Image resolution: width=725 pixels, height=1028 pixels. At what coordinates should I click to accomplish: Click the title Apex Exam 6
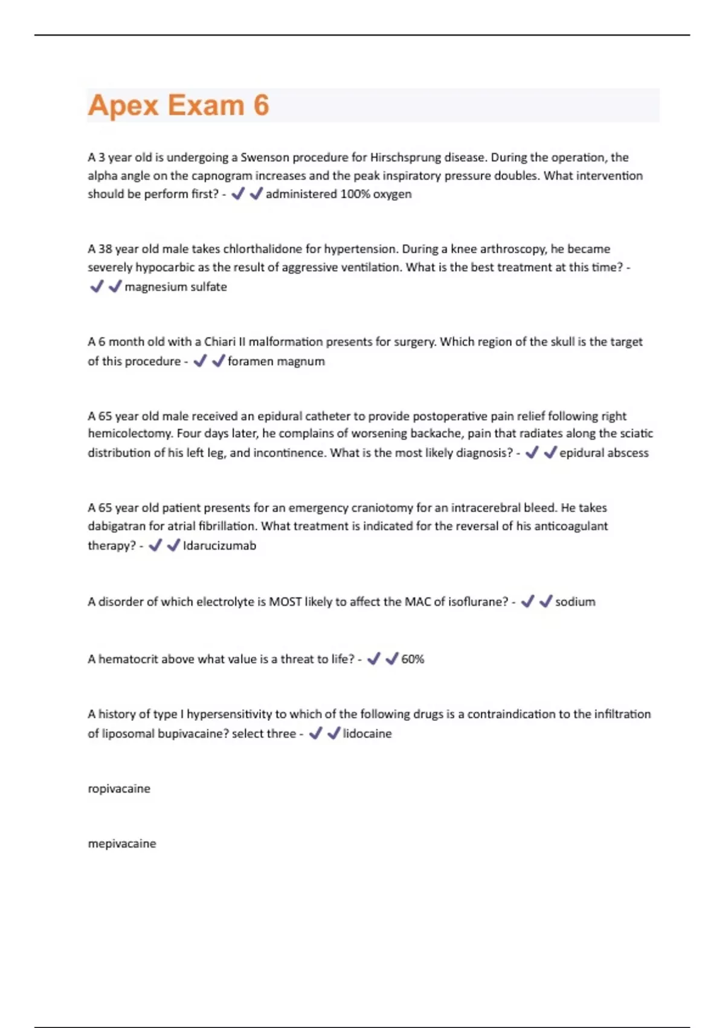click(x=178, y=105)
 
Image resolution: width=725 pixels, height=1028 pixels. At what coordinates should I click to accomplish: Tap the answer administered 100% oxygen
click(x=338, y=194)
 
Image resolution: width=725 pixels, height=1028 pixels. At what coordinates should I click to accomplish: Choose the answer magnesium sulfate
click(x=176, y=287)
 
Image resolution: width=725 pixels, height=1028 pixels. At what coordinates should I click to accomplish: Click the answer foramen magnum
click(x=276, y=361)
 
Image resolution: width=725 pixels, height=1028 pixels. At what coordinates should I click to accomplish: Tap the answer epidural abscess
click(x=604, y=453)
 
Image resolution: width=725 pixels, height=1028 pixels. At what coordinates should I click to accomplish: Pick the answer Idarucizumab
click(x=219, y=545)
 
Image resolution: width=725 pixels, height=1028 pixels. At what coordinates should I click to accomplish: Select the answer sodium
click(x=575, y=602)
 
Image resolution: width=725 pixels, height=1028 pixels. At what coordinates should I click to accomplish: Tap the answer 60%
click(x=413, y=659)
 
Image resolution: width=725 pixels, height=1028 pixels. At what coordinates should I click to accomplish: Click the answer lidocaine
click(x=367, y=734)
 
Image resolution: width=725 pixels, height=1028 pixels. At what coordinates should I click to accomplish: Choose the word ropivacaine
click(x=119, y=789)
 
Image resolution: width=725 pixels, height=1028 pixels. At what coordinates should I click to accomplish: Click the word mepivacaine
click(x=122, y=844)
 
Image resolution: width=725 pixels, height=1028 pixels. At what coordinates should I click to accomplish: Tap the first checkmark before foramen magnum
click(x=200, y=361)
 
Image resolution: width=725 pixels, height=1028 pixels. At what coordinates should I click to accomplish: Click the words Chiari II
click(x=224, y=342)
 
